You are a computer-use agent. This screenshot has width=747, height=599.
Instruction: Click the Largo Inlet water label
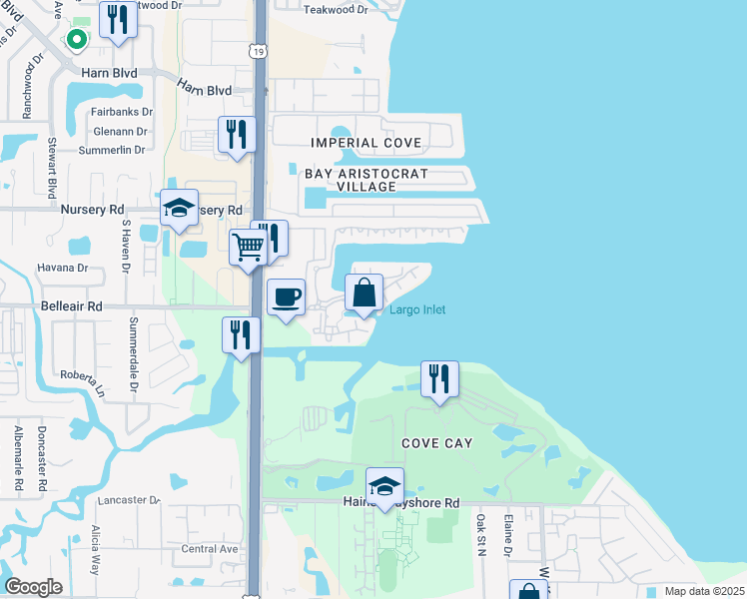point(417,309)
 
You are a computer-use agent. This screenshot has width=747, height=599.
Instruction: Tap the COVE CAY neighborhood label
point(436,442)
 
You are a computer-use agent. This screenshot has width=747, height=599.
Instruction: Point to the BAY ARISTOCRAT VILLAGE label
point(367,180)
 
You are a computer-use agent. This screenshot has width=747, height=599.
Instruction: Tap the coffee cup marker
point(287,298)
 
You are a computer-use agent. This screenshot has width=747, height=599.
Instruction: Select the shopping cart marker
point(248,247)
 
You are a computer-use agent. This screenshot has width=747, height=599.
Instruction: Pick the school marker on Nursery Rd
point(180,210)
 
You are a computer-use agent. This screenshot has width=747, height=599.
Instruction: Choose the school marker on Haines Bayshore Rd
point(384,487)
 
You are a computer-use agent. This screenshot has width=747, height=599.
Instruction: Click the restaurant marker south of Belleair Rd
point(241,334)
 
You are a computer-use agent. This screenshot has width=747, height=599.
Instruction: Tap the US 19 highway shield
point(258,47)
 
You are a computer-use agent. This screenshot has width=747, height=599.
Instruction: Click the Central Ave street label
point(210,549)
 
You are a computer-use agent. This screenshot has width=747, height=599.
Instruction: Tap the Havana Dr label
point(64,268)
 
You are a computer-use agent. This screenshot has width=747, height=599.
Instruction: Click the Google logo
point(33,587)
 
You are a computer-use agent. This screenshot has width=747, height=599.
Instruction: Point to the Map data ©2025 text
point(703,591)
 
